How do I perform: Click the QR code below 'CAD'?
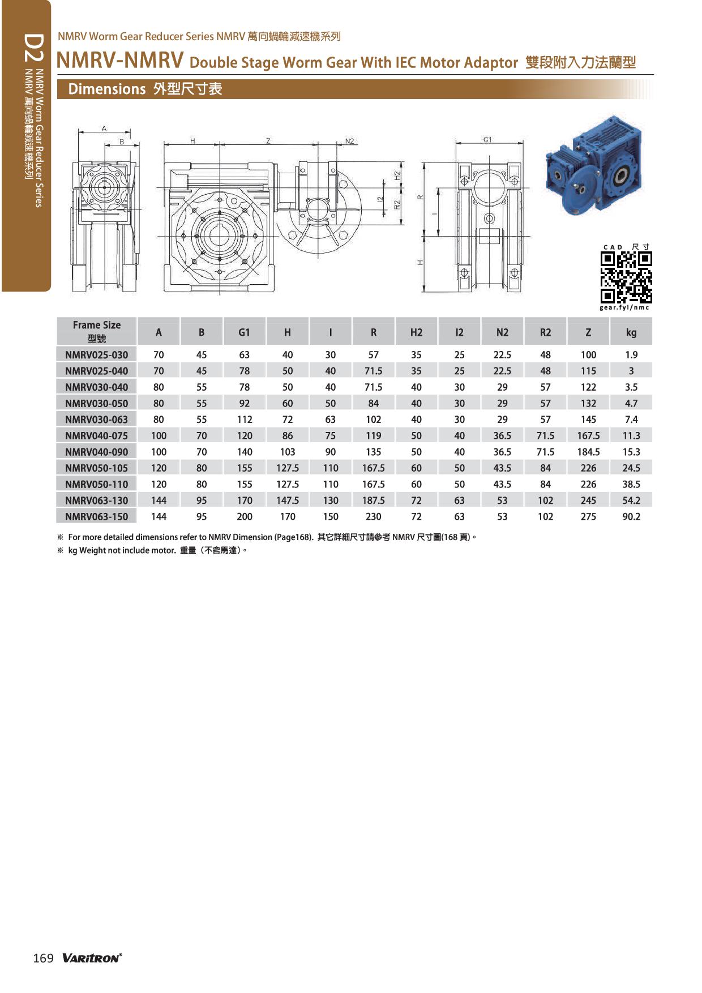coord(626,277)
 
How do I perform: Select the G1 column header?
coord(244,332)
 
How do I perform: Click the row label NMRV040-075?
coord(97,435)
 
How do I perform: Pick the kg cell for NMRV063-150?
coord(631,516)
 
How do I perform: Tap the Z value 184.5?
coord(588,452)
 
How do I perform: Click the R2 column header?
coord(545,332)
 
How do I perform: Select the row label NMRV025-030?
coord(97,354)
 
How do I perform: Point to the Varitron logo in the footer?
coord(92,958)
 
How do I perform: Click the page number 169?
coord(44,958)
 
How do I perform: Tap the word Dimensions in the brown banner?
coord(107,89)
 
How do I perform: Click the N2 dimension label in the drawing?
coord(349,141)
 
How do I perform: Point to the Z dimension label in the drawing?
coord(268,141)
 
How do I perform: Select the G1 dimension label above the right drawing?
coord(487,139)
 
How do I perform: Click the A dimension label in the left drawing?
coord(104,129)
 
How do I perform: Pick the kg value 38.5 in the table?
coord(631,484)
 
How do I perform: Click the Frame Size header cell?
coord(97,331)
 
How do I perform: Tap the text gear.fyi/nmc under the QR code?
coord(625,307)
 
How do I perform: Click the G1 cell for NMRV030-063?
coord(244,420)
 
